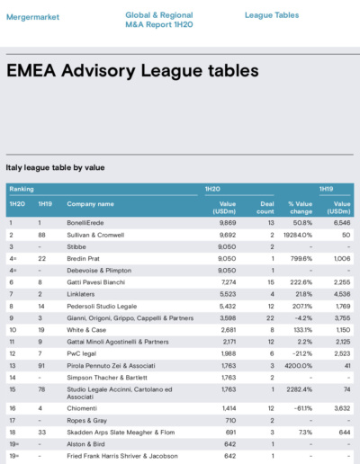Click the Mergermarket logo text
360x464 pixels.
32,17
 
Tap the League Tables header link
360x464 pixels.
272,15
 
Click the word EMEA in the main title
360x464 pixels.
31,71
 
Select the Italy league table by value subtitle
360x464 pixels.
55,167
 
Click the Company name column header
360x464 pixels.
90,204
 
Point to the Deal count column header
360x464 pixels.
265,208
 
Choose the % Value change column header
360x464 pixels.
301,208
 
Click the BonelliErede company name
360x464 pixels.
85,223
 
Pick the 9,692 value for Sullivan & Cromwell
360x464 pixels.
228,235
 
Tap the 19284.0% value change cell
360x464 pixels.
298,235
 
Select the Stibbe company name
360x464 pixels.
76,247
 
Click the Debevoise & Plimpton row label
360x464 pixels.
99,271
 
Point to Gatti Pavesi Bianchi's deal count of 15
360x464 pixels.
271,282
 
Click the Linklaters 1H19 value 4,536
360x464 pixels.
342,294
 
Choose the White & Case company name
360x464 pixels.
86,330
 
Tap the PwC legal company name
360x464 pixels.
81,354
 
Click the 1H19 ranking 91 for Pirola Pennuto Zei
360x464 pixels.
41,366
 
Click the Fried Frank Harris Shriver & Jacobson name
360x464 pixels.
122,456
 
